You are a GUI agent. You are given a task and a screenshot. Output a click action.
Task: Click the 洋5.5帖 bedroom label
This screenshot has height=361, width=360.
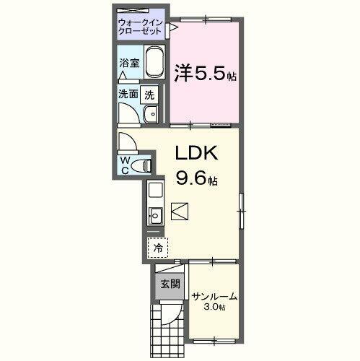(206, 72)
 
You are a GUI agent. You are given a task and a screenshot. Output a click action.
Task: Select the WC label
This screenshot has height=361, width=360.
(125, 164)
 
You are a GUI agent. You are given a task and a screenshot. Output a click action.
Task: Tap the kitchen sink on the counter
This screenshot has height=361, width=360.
(155, 216)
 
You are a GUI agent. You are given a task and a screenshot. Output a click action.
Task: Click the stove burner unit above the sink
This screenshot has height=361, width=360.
(155, 191)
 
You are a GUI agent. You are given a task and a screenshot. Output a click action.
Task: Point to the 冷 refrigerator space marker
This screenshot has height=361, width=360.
(157, 247)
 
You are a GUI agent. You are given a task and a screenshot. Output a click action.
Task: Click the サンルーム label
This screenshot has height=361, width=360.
(214, 297)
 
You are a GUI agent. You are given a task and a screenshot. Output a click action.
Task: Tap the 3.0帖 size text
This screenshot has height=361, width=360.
(214, 308)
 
